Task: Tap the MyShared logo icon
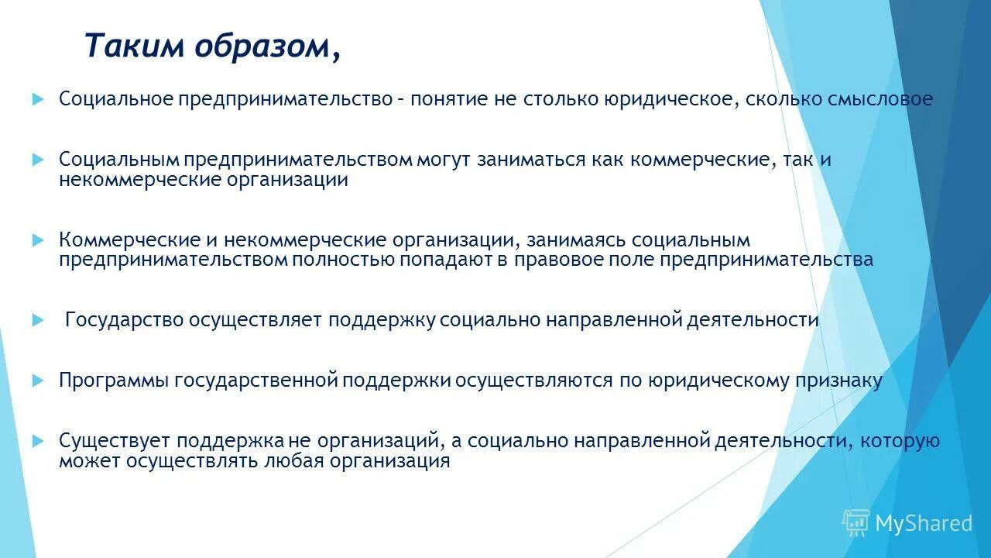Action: pos(856,523)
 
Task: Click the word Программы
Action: pos(114,381)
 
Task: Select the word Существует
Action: pos(115,441)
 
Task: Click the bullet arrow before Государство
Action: pos(39,320)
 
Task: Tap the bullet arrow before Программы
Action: pos(39,381)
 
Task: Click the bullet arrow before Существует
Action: pos(39,441)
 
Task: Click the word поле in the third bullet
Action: pos(634,260)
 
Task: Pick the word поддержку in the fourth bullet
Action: pos(382,320)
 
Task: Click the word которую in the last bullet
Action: pos(901,441)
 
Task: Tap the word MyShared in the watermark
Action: pos(923,524)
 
